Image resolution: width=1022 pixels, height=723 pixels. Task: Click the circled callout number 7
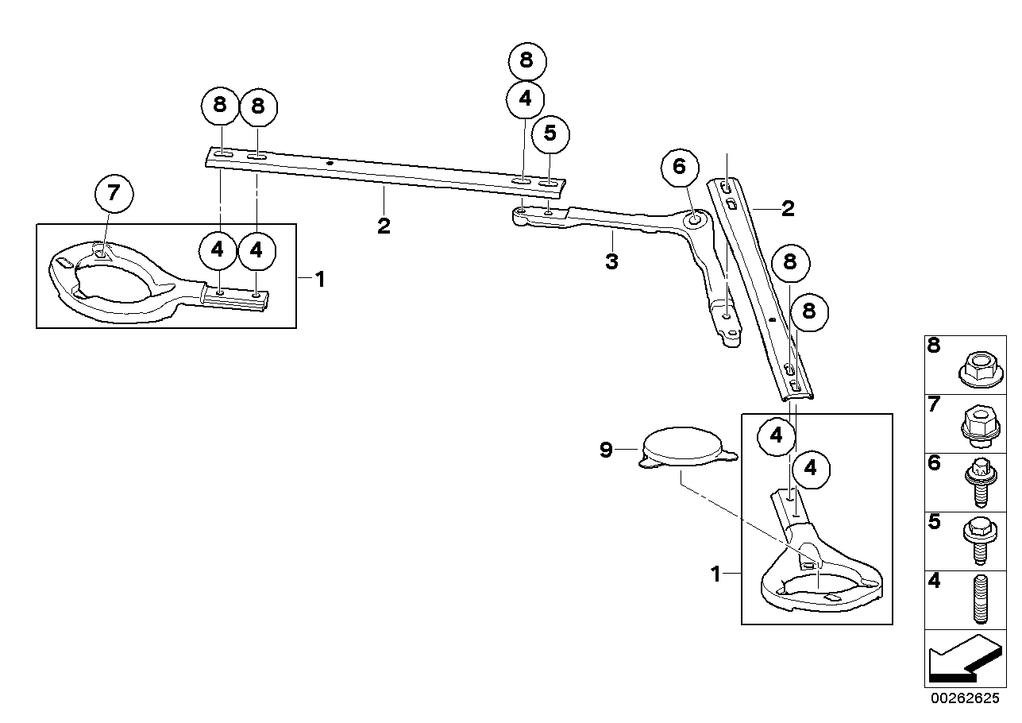point(114,194)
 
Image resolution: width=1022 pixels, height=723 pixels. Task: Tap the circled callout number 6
point(680,167)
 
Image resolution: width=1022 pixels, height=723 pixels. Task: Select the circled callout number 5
point(550,133)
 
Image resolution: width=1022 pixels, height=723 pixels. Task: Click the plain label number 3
point(611,262)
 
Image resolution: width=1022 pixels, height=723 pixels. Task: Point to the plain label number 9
point(605,450)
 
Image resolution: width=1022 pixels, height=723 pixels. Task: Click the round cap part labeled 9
point(688,447)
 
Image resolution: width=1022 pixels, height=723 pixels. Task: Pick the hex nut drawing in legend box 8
point(981,369)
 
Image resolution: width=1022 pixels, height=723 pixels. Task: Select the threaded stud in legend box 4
point(982,599)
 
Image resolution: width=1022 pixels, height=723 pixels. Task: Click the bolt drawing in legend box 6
point(981,482)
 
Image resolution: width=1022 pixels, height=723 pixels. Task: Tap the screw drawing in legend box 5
point(980,541)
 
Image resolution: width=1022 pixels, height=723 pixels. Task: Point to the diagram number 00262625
point(965,698)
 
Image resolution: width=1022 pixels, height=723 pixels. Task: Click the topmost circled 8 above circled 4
point(527,60)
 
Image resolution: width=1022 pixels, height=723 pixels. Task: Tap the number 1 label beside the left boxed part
point(320,279)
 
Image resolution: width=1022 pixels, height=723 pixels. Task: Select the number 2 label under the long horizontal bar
point(384,226)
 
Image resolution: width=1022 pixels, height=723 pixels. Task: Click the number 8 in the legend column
point(934,346)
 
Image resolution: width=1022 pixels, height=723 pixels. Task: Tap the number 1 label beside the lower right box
point(715,574)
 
